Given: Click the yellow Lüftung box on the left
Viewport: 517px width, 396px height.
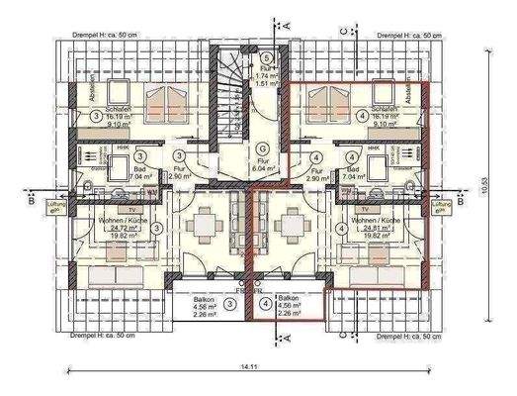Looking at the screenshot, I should (x=58, y=207).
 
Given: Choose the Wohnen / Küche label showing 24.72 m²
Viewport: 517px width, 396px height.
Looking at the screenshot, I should (x=122, y=225).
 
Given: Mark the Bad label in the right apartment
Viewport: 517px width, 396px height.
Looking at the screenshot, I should (x=353, y=171).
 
